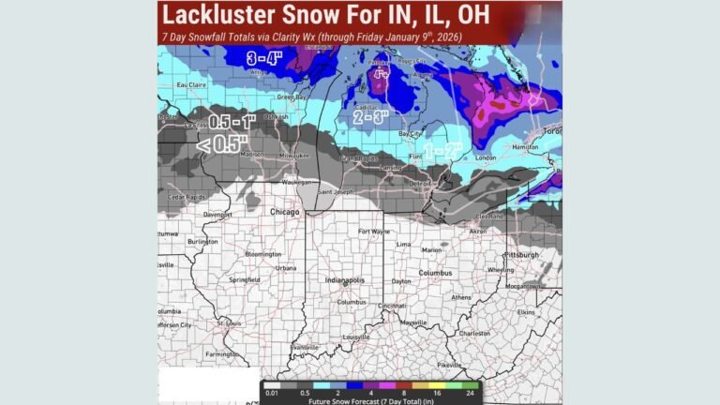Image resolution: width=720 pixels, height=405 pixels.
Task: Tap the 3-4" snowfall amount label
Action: (263, 59)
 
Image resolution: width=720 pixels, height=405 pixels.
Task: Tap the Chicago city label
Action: (284, 213)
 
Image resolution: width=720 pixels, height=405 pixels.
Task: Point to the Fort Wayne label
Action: (375, 231)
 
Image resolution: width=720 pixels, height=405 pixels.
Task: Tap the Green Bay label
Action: (293, 96)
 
